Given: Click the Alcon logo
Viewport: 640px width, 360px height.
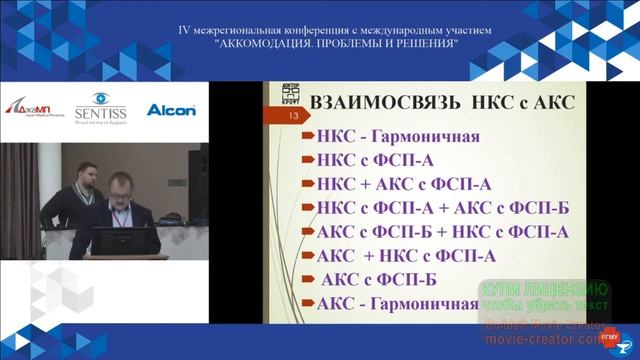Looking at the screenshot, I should tap(171, 109).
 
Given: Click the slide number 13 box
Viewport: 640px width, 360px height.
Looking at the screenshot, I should tap(293, 118).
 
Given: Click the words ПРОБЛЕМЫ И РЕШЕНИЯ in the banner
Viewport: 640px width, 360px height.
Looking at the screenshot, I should tap(394, 45).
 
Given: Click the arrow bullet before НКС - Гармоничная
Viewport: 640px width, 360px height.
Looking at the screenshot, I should tap(309, 137).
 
